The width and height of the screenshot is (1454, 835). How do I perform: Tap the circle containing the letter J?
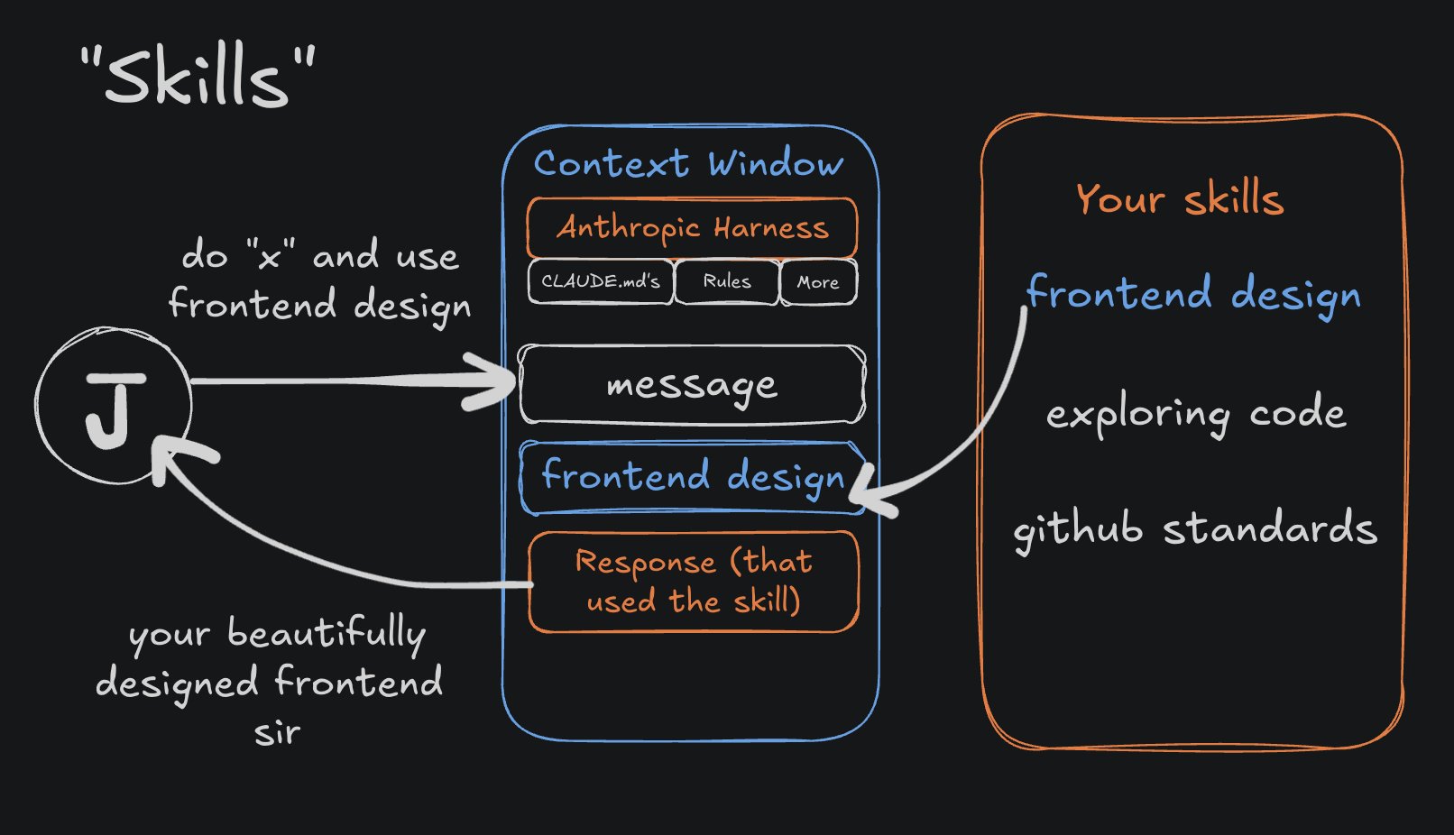(114, 406)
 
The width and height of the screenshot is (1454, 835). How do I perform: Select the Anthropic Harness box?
(692, 227)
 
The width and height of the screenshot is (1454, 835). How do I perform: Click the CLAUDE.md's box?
(600, 281)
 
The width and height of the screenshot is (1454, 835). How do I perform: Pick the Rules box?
(727, 281)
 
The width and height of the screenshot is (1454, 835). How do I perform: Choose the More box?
(818, 282)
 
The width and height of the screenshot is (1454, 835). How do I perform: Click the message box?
(692, 385)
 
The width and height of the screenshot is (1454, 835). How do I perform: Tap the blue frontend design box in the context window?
(692, 477)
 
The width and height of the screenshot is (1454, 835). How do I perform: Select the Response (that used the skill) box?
(693, 582)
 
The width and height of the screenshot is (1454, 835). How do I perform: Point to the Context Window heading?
(689, 164)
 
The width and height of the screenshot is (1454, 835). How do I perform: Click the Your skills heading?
(1180, 198)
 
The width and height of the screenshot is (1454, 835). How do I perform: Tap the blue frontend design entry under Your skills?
(1193, 294)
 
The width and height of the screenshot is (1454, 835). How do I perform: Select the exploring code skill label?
(1196, 414)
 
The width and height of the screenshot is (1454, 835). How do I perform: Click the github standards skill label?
(1196, 529)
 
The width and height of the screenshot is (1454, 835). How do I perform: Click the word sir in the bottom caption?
(277, 732)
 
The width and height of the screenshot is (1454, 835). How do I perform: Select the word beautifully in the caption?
(327, 633)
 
